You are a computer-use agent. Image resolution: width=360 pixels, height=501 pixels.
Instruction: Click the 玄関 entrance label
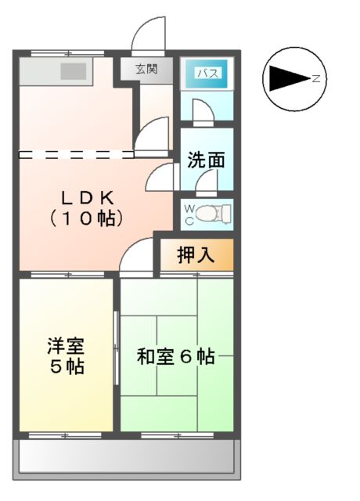[146, 69]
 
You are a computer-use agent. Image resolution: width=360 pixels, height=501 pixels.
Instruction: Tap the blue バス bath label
[207, 74]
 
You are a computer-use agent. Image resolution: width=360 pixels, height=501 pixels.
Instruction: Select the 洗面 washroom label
[206, 160]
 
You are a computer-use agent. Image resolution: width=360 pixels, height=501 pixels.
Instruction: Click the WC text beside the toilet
[189, 214]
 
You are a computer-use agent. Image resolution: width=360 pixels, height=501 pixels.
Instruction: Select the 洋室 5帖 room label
[66, 355]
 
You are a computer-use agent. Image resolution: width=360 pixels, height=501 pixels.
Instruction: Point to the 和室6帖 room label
[175, 357]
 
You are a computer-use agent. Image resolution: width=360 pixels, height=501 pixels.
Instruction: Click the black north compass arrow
[289, 78]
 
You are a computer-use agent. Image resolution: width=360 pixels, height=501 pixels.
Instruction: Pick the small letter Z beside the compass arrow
[315, 78]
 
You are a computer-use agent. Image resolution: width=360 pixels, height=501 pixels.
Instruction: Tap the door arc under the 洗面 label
[207, 183]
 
